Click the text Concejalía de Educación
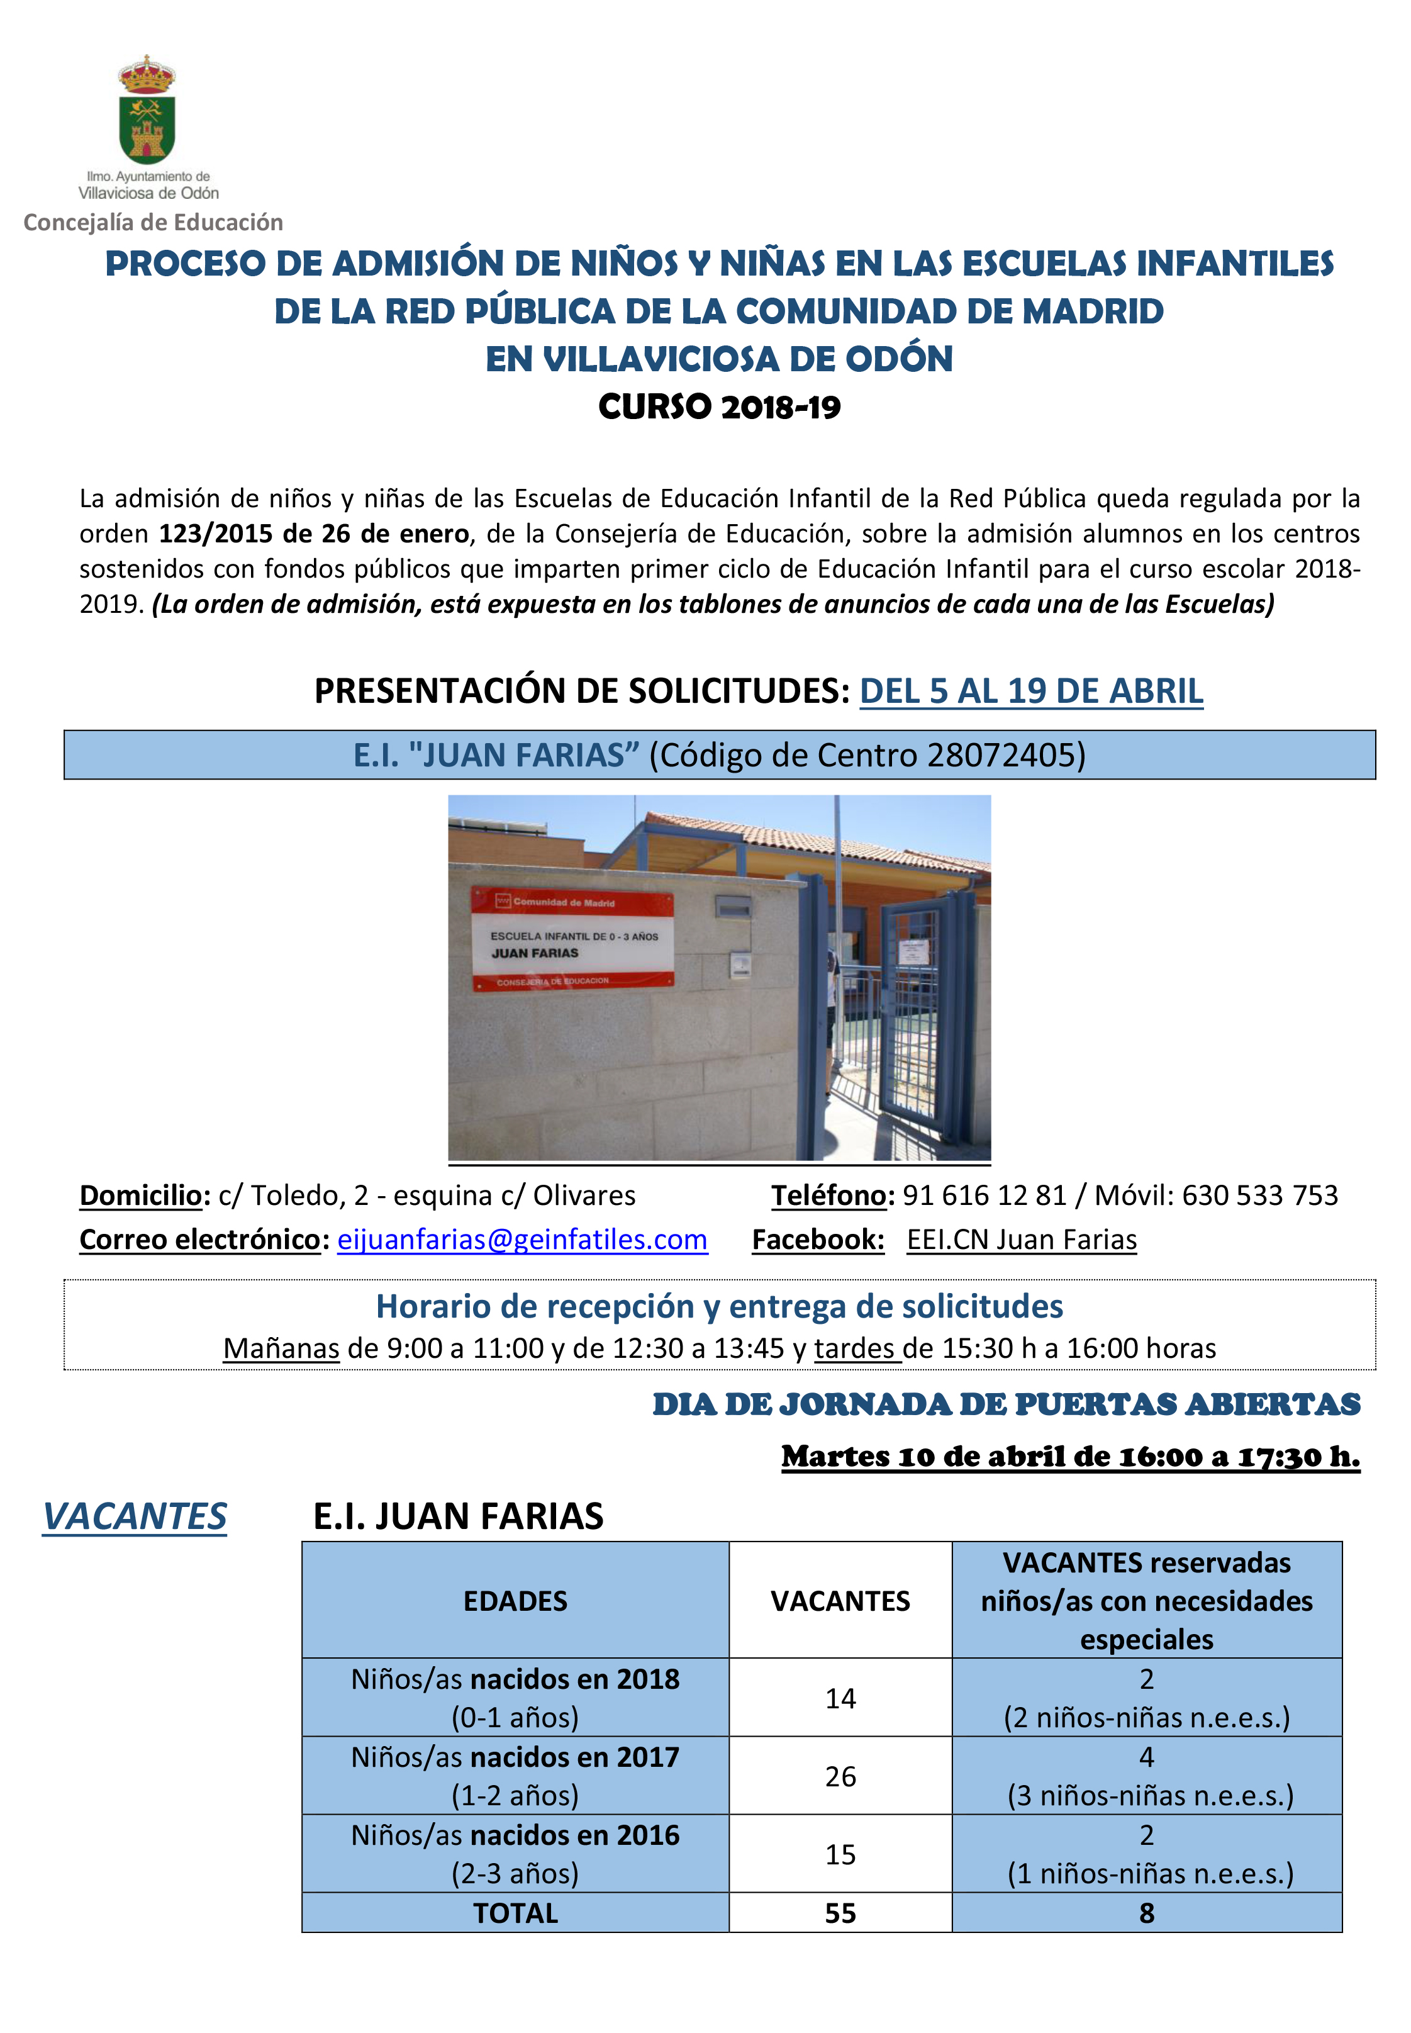(153, 222)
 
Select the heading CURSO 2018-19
(719, 406)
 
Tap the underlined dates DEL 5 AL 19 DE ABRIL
(1031, 691)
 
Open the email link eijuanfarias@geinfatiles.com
(523, 1240)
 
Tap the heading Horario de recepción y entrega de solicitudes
(719, 1306)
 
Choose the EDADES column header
(515, 1601)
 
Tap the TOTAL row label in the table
(515, 1913)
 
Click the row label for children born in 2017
(515, 1776)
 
